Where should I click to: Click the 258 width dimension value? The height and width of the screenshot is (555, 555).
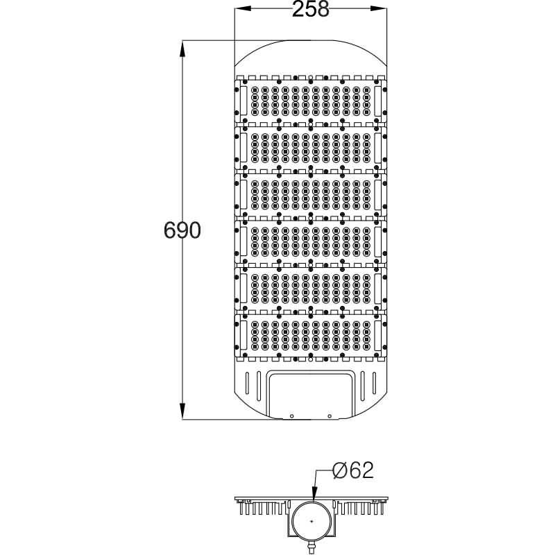(309, 10)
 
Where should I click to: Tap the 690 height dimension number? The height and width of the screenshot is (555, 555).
(182, 230)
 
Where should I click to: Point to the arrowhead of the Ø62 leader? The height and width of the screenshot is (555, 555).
(316, 498)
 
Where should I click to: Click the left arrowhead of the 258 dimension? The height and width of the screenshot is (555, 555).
(238, 10)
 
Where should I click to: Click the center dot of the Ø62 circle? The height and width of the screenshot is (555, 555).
(311, 521)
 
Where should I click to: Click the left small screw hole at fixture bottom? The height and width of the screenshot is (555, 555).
(291, 416)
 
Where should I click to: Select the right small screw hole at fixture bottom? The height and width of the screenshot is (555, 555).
(330, 416)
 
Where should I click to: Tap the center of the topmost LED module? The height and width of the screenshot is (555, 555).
(310, 100)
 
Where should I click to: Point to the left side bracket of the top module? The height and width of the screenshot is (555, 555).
(244, 100)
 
